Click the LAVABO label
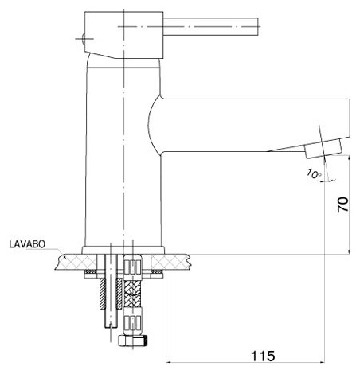(x=27, y=244)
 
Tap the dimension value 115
(x=263, y=356)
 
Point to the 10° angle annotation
(x=314, y=174)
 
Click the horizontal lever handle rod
(x=210, y=27)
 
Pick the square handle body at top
(x=123, y=35)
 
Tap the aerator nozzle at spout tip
(x=323, y=149)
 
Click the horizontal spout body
(x=249, y=125)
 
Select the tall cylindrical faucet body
(x=123, y=153)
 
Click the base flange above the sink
(x=123, y=250)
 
